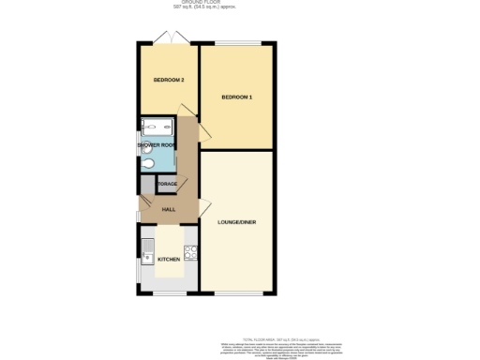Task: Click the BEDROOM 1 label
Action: tap(237, 97)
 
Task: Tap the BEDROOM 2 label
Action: tap(168, 81)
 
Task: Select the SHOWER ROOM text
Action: tap(156, 146)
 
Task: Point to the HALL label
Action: tap(169, 209)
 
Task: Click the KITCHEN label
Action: tap(169, 259)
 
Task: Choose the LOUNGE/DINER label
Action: tap(237, 222)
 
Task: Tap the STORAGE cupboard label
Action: tap(168, 184)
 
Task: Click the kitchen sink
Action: tap(147, 251)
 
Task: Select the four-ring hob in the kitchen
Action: tap(190, 251)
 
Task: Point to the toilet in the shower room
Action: tap(150, 163)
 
